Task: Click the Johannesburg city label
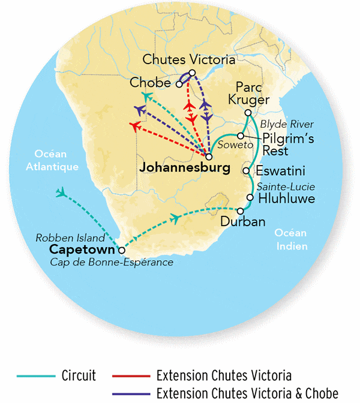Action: pyautogui.click(x=184, y=169)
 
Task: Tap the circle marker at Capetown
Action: pyautogui.click(x=122, y=251)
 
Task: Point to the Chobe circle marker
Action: pyautogui.click(x=179, y=84)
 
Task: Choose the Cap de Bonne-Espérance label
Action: pyautogui.click(x=120, y=263)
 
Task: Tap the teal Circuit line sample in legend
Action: pyautogui.click(x=34, y=376)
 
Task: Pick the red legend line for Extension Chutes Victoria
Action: pyautogui.click(x=130, y=376)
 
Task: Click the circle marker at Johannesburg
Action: pyautogui.click(x=209, y=157)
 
